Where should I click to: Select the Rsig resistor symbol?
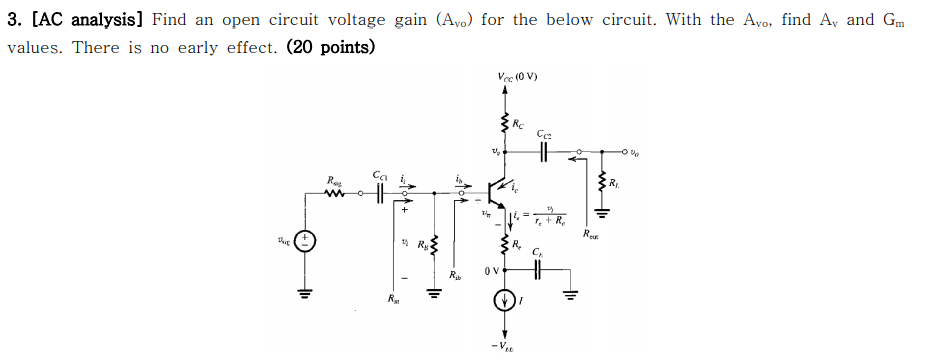tap(334, 195)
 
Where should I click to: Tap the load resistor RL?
tap(602, 183)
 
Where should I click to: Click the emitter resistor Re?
tap(505, 243)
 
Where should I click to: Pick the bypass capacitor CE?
tap(538, 269)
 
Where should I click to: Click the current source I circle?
tap(505, 299)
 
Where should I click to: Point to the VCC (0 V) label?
tap(517, 77)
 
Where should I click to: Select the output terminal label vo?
tap(635, 153)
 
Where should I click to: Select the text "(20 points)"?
tap(331, 47)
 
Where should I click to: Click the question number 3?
tap(13, 20)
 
